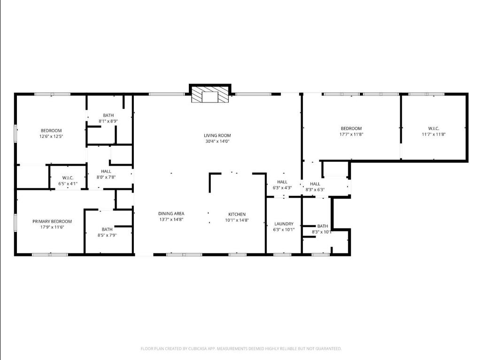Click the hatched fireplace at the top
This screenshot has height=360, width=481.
[x=210, y=94]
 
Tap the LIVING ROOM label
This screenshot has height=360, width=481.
[x=217, y=135]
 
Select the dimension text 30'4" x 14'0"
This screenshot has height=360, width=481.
[x=217, y=141]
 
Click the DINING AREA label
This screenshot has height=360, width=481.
[x=171, y=214]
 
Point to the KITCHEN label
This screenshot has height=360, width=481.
[x=237, y=214]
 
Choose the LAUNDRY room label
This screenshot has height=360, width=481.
[x=284, y=224]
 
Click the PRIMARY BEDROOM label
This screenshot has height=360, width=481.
[x=52, y=221]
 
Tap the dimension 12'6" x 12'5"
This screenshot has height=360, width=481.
[x=51, y=137]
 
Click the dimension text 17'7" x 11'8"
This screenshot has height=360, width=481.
[x=351, y=134]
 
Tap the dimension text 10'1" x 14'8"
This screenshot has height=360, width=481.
[x=237, y=220]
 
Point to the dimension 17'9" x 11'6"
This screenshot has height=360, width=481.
[x=52, y=227]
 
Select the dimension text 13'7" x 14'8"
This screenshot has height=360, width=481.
[x=171, y=219]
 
